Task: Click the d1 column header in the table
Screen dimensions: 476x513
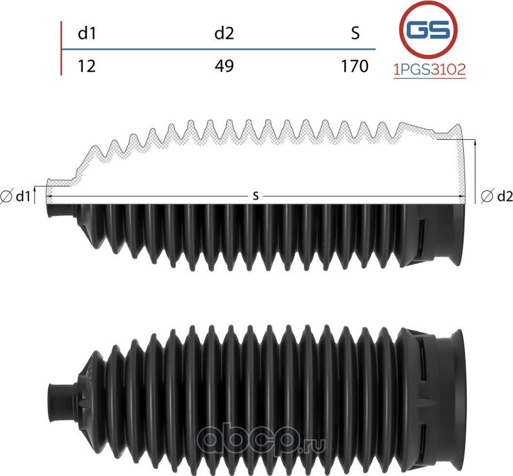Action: click(x=87, y=34)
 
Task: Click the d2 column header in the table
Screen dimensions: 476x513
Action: click(x=224, y=34)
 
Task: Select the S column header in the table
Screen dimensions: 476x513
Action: click(x=355, y=34)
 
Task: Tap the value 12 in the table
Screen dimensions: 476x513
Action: click(x=87, y=66)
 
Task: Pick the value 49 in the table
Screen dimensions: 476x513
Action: click(x=224, y=66)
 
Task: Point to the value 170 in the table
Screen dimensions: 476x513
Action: click(x=355, y=66)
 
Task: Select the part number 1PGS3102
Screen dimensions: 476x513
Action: click(x=430, y=70)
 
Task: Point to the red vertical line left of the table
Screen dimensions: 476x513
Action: click(x=61, y=49)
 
